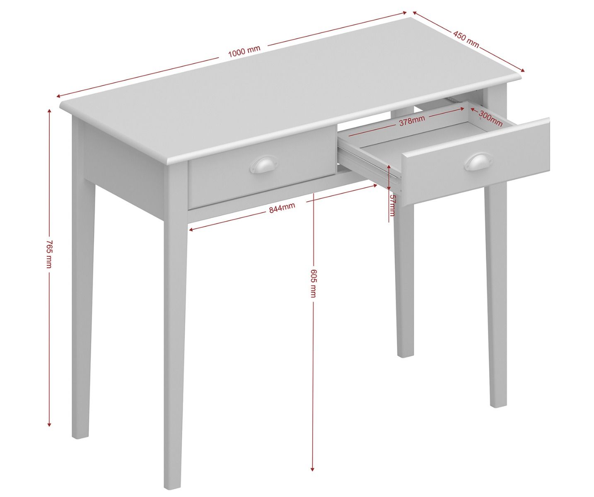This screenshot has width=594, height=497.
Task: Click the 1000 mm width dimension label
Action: tap(244, 51)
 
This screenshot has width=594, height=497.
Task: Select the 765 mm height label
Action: tap(49, 254)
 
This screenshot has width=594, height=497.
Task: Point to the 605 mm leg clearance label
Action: tap(313, 283)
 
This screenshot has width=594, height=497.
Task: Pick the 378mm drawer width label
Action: tap(412, 121)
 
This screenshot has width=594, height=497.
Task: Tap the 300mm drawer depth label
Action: tap(491, 118)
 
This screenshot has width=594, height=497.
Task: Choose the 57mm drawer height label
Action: tap(392, 205)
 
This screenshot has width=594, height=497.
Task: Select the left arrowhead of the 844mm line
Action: tap(192, 229)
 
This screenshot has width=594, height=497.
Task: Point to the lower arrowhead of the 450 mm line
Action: tap(522, 70)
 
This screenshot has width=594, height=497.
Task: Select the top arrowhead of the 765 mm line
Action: tap(49, 112)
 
